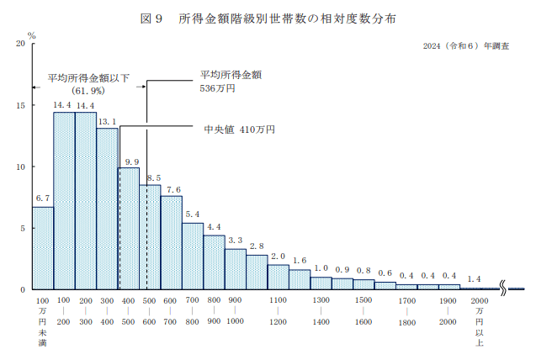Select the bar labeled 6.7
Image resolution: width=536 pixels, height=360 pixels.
[x=43, y=248]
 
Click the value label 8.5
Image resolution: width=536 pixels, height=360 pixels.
[x=151, y=177]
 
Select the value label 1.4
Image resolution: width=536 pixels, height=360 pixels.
[x=474, y=278]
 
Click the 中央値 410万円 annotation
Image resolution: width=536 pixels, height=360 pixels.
[x=240, y=130]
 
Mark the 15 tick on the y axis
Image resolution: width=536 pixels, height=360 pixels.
[x=20, y=105]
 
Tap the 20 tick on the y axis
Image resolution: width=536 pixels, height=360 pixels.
[x=20, y=44]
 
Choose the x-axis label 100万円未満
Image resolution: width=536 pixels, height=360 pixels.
[x=43, y=321]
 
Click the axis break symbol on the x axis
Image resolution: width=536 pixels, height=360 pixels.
[x=503, y=289]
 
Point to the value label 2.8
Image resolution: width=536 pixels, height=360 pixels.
[x=257, y=246]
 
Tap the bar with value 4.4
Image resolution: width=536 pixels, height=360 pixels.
[x=215, y=262]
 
